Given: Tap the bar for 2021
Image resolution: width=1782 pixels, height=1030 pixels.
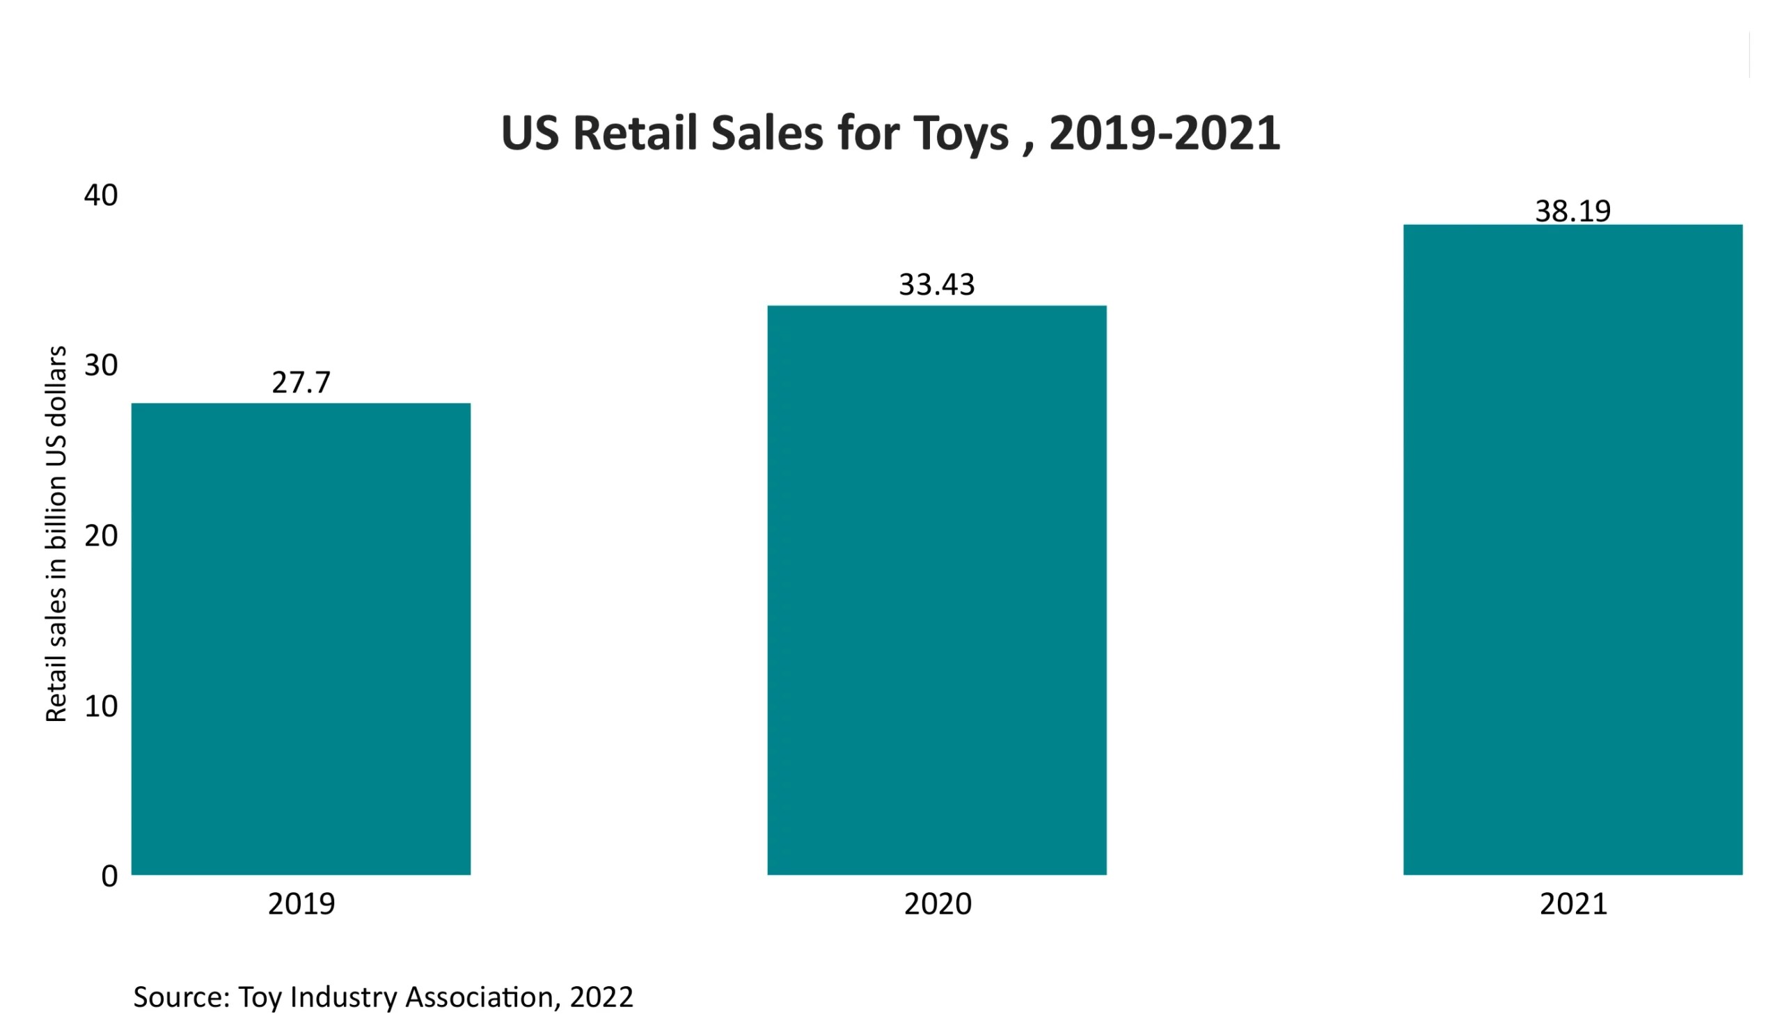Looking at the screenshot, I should [x=1572, y=549].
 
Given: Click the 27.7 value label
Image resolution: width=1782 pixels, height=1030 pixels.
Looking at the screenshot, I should [x=301, y=383].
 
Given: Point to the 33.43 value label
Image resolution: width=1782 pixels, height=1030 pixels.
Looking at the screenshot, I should [x=936, y=285].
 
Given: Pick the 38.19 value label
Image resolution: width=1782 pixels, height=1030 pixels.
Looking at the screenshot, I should [x=1572, y=212].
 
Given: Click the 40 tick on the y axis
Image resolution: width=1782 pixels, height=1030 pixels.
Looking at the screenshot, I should [x=100, y=195].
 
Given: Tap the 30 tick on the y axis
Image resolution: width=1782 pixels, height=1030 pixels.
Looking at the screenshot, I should [x=100, y=365].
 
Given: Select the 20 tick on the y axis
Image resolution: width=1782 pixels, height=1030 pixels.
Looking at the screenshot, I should [x=100, y=536].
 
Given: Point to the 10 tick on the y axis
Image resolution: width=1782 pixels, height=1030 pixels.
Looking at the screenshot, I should [x=100, y=706].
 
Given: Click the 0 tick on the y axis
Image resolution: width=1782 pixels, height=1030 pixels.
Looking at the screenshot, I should [x=109, y=877].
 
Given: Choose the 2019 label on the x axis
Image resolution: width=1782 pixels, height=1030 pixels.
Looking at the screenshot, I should [x=301, y=904].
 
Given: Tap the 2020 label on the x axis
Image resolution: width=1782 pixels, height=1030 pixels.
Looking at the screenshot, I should [x=937, y=904].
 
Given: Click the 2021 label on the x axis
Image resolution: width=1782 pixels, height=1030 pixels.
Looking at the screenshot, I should [x=1572, y=904].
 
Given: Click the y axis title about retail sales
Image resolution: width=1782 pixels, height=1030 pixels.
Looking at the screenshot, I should [x=56, y=534].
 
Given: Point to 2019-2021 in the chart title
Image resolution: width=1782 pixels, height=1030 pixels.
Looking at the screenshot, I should [x=1164, y=133].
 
